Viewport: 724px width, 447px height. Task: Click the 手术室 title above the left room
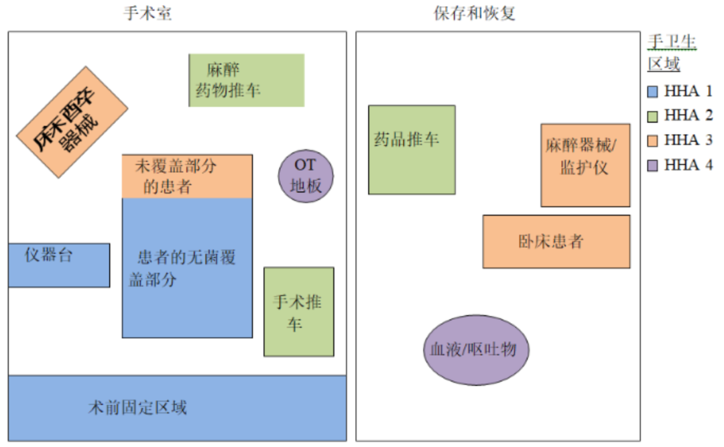click(x=147, y=13)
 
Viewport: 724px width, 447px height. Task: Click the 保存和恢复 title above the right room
click(x=475, y=13)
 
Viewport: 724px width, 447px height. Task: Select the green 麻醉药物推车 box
click(x=247, y=80)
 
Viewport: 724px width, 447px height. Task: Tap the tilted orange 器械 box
click(x=72, y=122)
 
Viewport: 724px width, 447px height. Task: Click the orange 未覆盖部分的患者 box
click(x=187, y=176)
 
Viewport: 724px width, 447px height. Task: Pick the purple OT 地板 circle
click(x=306, y=175)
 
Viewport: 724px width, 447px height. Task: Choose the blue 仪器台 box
click(x=59, y=265)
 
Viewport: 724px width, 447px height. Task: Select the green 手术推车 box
click(x=298, y=312)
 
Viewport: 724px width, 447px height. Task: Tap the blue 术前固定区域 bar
click(x=177, y=407)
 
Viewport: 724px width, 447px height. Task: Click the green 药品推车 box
click(x=412, y=149)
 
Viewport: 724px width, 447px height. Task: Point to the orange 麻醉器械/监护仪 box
click(x=585, y=165)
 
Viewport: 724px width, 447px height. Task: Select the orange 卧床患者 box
click(x=556, y=241)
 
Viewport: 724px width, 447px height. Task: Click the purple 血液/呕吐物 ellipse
click(x=476, y=350)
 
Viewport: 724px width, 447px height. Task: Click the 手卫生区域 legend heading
click(x=671, y=53)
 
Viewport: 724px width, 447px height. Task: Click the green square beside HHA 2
click(x=654, y=116)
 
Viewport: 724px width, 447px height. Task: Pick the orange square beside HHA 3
click(x=654, y=141)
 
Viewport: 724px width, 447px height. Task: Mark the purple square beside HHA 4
click(x=654, y=166)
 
